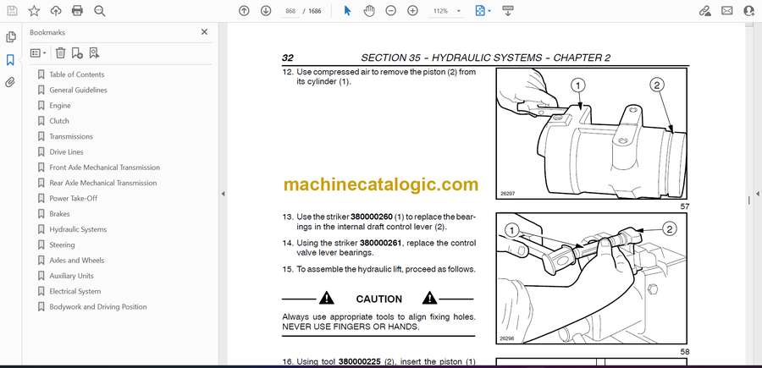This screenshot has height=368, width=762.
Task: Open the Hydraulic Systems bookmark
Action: click(78, 229)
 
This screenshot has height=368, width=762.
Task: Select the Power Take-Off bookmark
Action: click(74, 198)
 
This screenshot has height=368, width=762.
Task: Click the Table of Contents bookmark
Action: click(77, 74)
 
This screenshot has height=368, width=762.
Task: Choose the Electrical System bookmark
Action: click(75, 291)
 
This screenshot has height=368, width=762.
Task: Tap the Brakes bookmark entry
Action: click(59, 214)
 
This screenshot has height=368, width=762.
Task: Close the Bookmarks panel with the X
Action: click(204, 32)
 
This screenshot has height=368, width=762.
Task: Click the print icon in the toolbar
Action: click(77, 11)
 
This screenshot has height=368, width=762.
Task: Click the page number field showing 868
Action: click(290, 11)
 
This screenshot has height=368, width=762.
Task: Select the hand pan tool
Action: click(369, 11)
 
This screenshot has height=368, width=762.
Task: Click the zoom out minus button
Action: click(390, 11)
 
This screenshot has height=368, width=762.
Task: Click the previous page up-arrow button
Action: click(244, 11)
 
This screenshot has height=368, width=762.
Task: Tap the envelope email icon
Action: click(727, 11)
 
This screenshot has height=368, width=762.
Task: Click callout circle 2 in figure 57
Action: click(656, 86)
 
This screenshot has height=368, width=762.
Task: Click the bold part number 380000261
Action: click(380, 243)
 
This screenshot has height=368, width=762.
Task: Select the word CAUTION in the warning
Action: click(379, 299)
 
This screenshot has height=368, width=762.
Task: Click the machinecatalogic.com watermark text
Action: click(381, 184)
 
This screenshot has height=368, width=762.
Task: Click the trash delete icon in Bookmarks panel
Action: click(60, 53)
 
